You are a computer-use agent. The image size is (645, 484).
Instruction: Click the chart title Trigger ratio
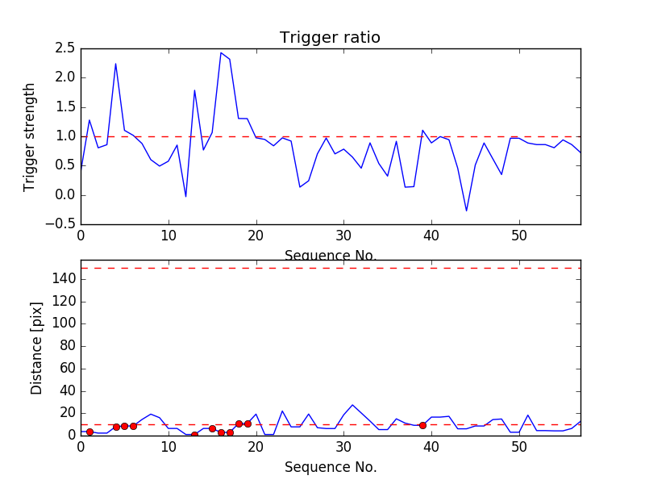pos(330,38)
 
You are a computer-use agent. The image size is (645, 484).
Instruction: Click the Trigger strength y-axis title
pos(30,136)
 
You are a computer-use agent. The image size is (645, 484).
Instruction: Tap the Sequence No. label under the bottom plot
pos(331,467)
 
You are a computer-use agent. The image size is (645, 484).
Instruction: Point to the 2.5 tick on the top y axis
pos(65,48)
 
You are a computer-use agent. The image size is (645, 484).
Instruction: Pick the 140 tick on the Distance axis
pos(63,279)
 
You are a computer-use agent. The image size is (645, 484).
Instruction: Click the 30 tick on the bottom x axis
pos(343,448)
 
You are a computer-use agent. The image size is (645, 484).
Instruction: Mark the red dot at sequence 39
pos(422,425)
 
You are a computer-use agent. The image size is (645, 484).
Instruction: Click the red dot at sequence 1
pos(89,432)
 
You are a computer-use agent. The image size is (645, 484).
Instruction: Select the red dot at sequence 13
pos(194,435)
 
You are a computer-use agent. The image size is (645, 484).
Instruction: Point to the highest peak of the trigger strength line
pos(221,53)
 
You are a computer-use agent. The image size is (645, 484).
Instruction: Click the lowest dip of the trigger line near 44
pos(466,211)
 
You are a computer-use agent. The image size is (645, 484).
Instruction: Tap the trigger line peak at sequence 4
pos(115,64)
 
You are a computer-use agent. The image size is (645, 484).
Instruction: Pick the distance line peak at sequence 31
pos(352,405)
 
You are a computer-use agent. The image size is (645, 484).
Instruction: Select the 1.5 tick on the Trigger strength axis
pos(65,107)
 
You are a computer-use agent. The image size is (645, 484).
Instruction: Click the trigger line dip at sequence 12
pos(185,197)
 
